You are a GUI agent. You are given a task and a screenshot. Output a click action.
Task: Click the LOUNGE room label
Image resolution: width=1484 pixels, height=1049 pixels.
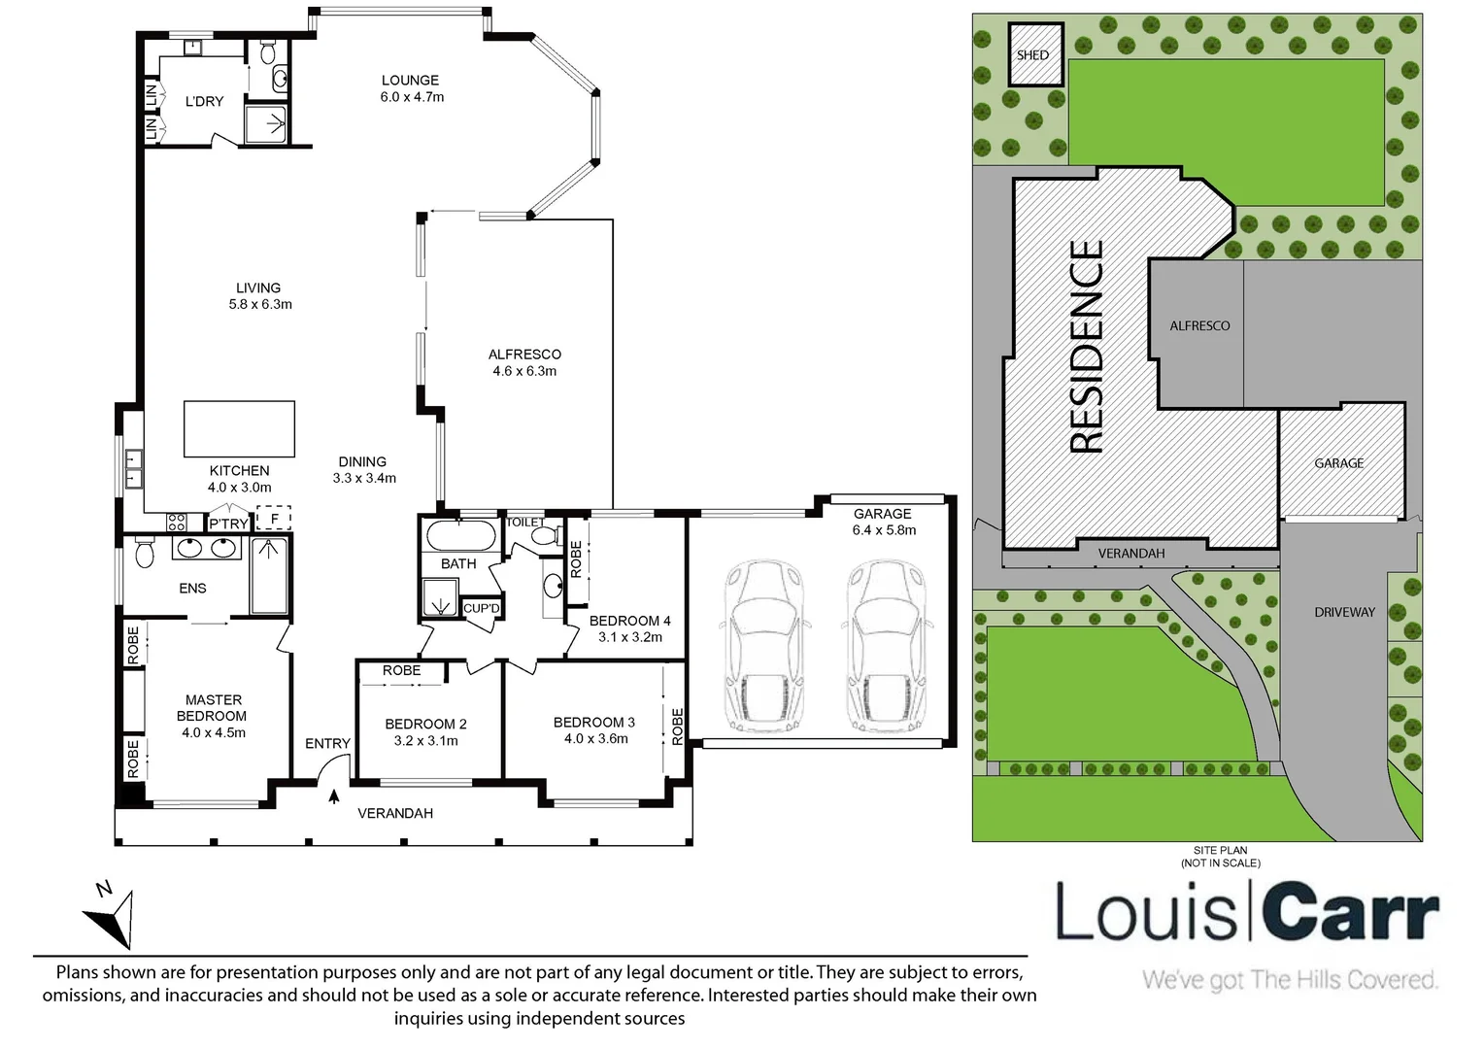click(410, 81)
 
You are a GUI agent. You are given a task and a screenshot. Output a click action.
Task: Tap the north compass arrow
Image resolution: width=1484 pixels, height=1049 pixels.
click(113, 917)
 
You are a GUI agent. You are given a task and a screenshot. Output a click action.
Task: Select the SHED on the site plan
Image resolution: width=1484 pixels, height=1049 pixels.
click(1036, 54)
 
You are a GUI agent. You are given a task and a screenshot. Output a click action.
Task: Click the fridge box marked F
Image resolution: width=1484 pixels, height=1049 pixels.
click(274, 519)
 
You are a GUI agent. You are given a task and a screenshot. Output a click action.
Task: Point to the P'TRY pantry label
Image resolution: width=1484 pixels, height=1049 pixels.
click(228, 524)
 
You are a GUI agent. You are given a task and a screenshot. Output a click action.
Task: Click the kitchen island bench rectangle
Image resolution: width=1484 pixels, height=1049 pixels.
click(239, 428)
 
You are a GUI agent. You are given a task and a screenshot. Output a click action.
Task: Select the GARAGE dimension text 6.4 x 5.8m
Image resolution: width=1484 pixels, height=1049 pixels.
click(884, 530)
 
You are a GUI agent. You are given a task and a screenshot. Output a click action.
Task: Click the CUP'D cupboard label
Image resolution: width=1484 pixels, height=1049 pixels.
click(481, 608)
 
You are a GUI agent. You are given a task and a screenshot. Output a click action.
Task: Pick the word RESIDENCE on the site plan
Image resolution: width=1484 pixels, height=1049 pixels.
click(1087, 347)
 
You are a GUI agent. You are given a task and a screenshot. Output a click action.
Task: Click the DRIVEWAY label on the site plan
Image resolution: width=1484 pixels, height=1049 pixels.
click(1344, 612)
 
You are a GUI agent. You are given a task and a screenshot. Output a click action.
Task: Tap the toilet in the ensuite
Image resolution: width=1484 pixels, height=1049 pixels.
click(145, 552)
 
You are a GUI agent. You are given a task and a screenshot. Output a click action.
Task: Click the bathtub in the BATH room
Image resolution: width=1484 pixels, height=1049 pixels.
click(460, 535)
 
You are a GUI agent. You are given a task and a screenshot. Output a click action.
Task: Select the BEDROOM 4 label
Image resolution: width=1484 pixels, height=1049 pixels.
click(630, 621)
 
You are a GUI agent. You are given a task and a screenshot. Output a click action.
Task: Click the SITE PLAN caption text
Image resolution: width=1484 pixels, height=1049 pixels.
click(1221, 850)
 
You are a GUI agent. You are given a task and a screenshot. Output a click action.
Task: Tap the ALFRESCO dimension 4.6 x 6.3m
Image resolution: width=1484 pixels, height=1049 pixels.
click(524, 371)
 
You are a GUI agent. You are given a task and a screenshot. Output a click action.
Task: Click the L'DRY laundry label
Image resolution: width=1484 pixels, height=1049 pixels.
click(204, 101)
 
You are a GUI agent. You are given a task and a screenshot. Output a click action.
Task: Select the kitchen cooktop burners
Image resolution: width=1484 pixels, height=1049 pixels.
click(177, 523)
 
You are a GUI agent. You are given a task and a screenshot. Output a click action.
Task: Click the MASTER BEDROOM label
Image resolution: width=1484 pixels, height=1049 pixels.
click(213, 708)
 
